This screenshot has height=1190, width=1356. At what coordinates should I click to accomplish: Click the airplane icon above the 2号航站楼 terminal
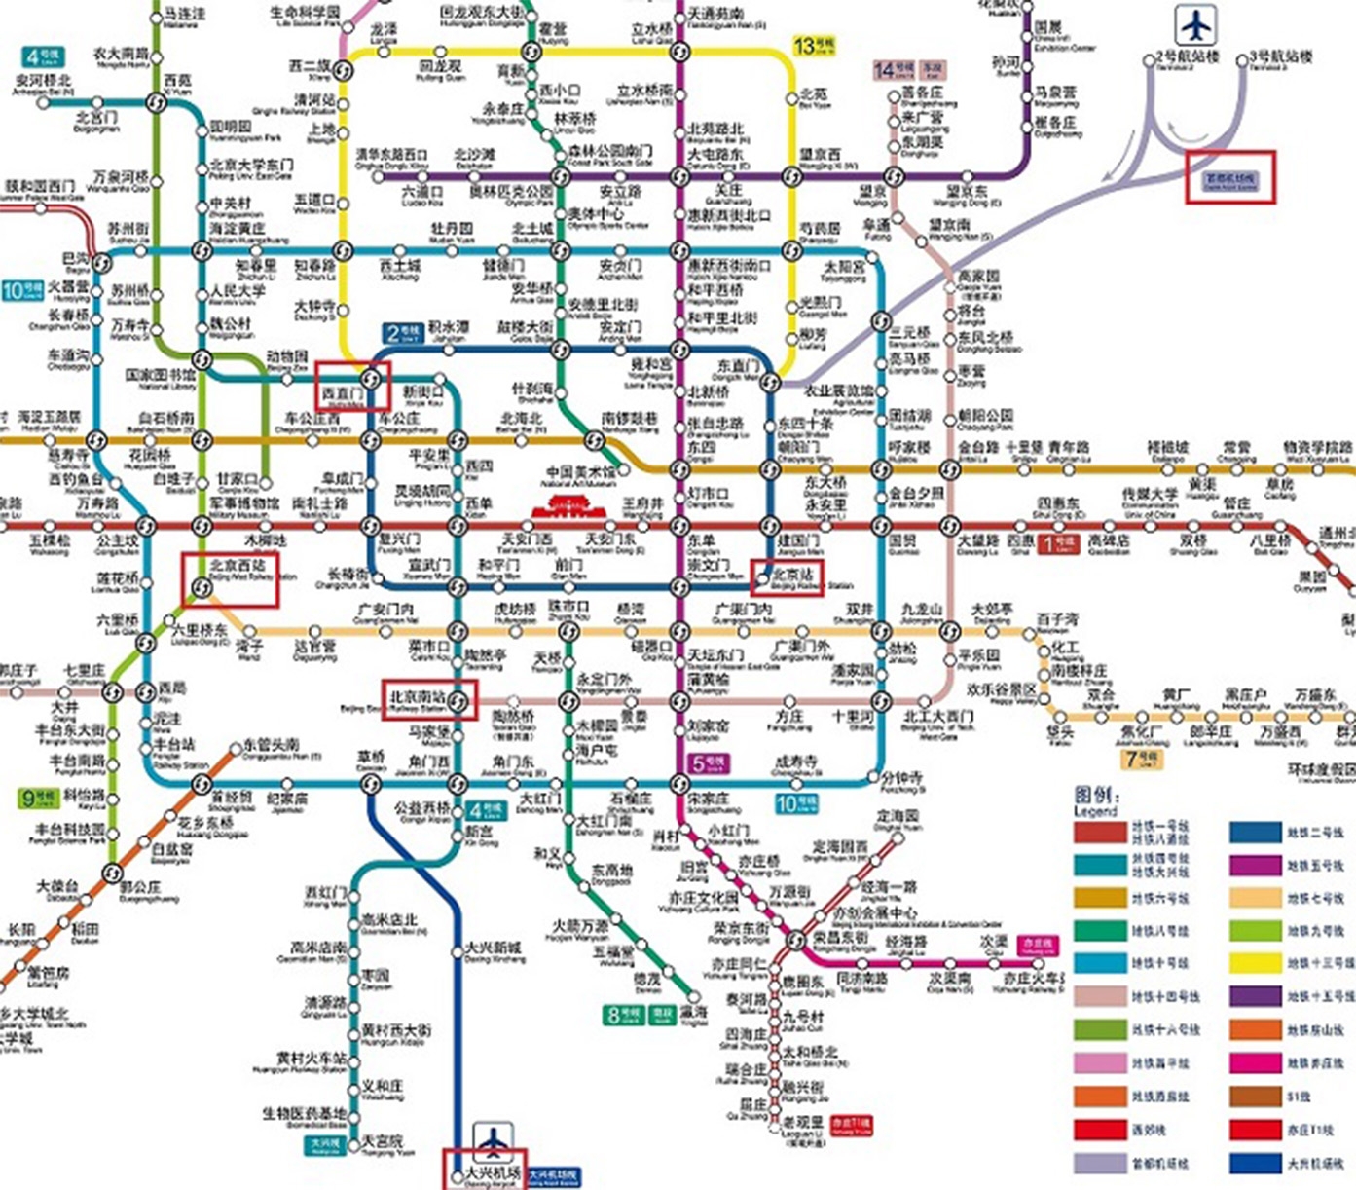click(1194, 25)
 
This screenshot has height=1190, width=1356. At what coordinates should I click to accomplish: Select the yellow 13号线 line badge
click(815, 46)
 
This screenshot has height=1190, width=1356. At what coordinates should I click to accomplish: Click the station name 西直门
click(342, 393)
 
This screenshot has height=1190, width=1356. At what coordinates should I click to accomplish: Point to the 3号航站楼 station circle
click(1242, 60)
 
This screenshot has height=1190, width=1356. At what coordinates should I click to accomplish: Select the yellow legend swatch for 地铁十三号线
click(1255, 964)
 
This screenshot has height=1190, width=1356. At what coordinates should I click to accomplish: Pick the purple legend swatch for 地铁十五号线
click(1255, 997)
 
